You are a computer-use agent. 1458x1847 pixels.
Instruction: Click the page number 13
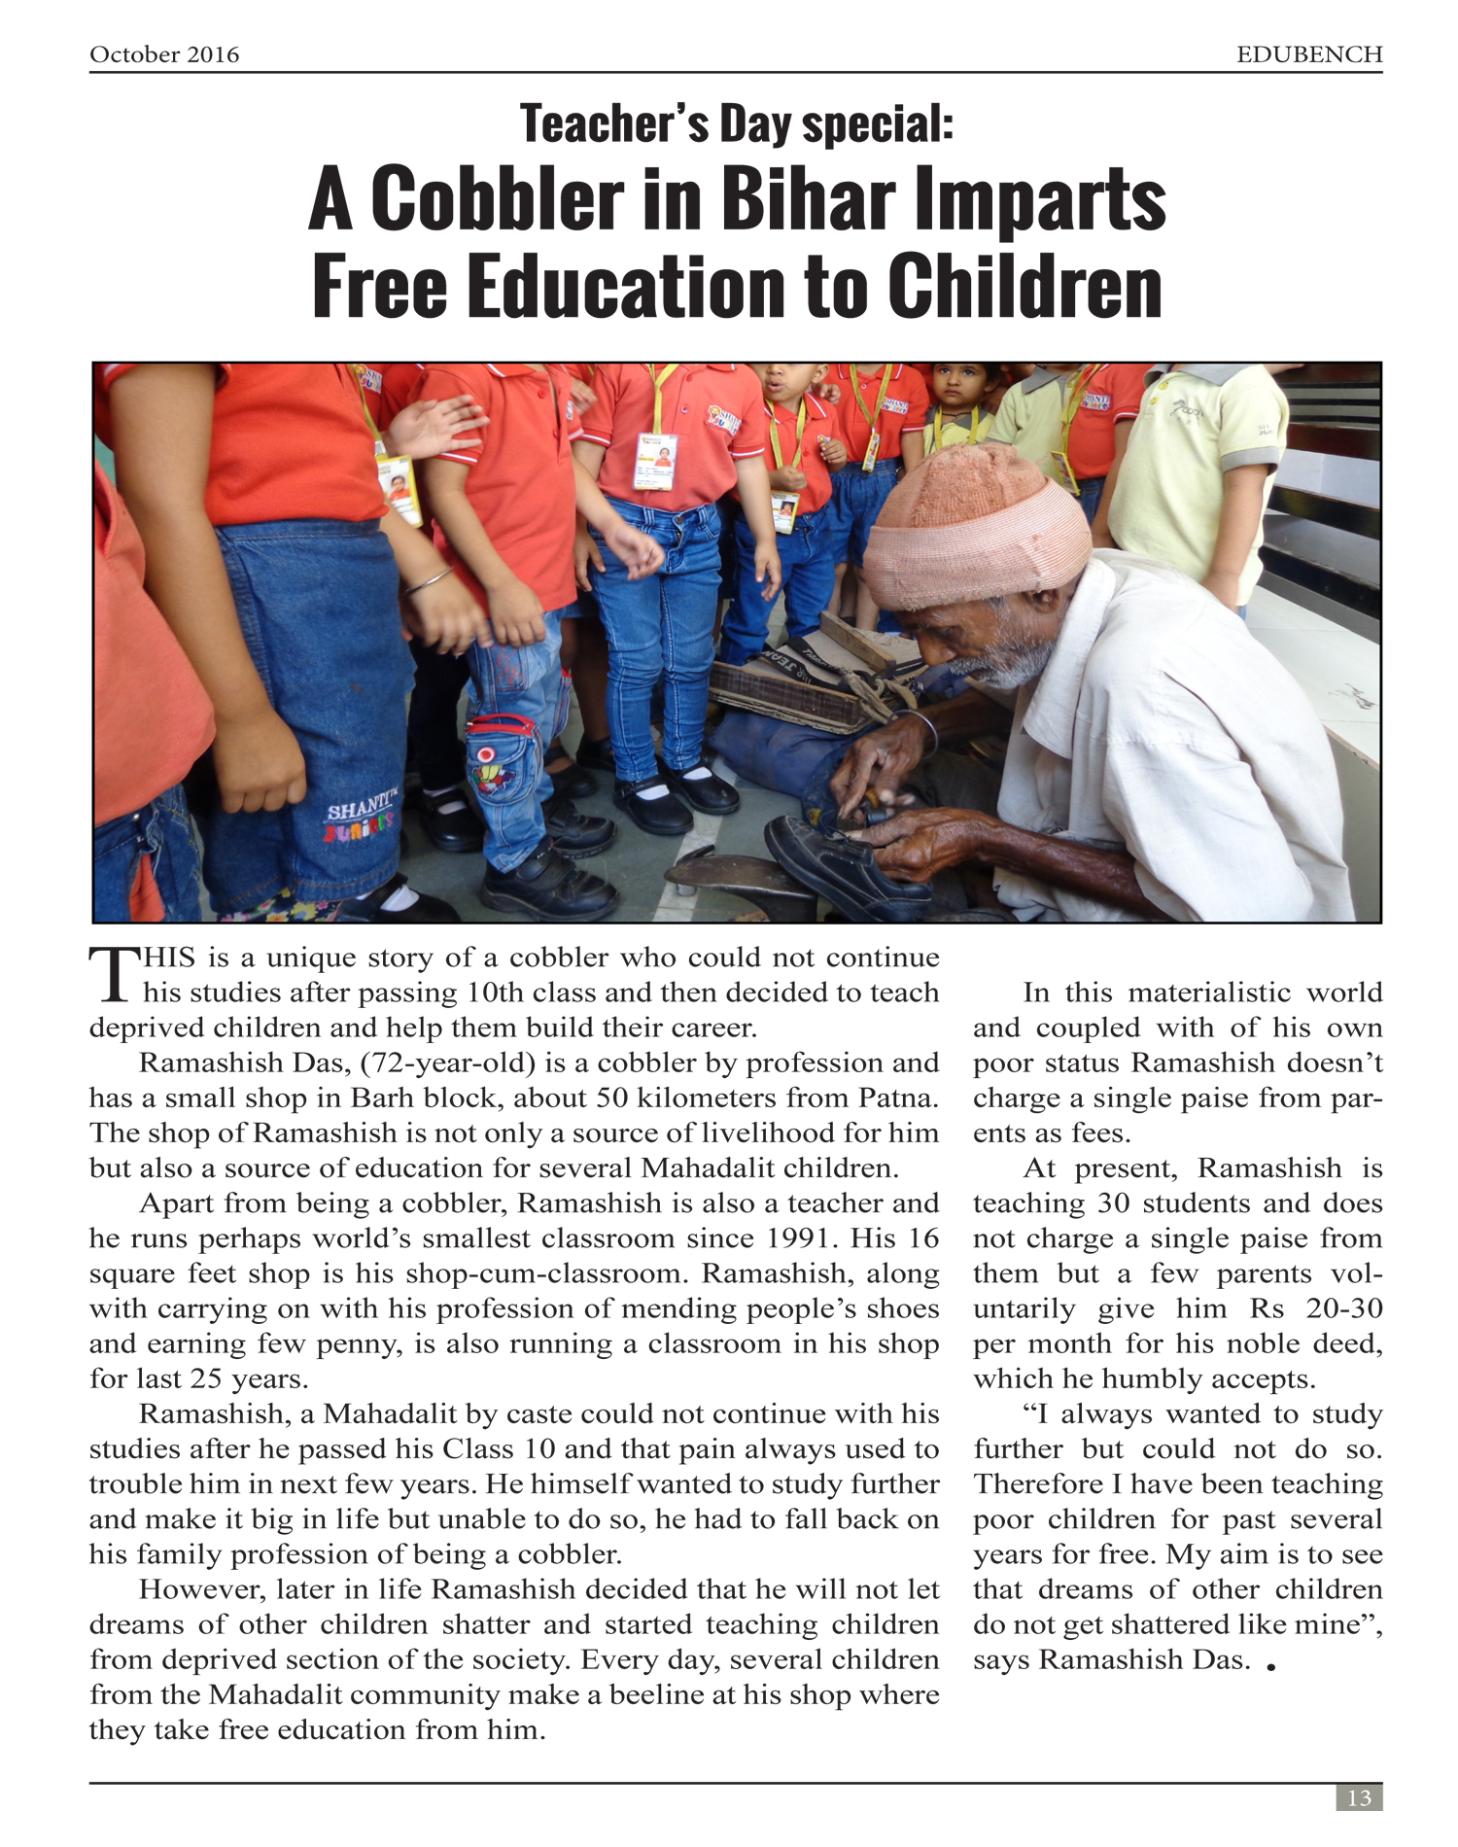1359,1797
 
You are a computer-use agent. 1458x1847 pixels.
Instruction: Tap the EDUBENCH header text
1308,54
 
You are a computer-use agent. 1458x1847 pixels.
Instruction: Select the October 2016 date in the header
164,54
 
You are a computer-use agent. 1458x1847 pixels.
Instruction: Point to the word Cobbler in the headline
497,199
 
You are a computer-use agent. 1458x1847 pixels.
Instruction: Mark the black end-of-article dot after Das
1271,1667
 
